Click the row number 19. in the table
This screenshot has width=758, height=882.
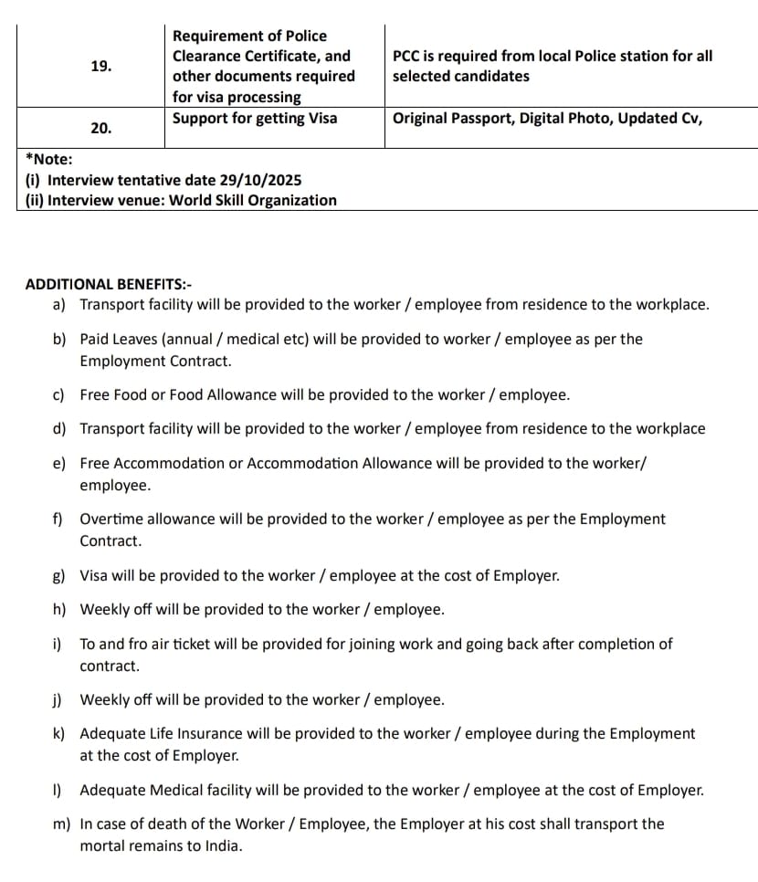pyautogui.click(x=101, y=66)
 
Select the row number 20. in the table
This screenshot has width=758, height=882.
pyautogui.click(x=101, y=128)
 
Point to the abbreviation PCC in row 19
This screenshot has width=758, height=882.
pyautogui.click(x=407, y=56)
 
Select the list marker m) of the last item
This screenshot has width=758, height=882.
pyautogui.click(x=61, y=824)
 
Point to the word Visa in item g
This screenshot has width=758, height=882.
pyautogui.click(x=95, y=576)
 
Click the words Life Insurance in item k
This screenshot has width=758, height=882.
pyautogui.click(x=199, y=733)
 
